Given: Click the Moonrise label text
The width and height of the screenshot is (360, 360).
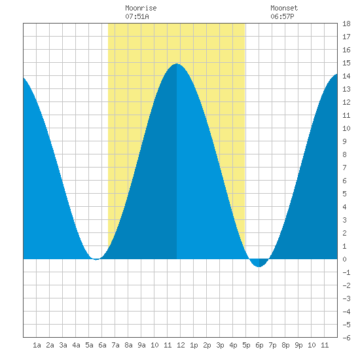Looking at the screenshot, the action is [141, 8].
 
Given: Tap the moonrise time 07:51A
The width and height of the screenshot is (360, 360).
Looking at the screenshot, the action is [137, 16].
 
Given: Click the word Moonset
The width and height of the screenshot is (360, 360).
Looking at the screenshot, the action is [284, 8].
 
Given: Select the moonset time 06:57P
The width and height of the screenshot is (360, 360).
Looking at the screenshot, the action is [282, 16].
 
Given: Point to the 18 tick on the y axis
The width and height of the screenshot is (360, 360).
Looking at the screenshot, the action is [346, 24].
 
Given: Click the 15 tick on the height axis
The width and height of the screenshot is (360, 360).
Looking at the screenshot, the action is [346, 63].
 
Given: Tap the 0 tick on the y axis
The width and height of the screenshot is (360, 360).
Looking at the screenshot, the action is [344, 259].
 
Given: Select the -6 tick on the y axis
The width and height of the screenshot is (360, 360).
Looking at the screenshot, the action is [346, 338].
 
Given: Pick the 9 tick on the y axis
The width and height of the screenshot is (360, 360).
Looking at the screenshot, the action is [344, 141].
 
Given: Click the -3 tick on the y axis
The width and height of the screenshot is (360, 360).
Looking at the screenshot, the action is [346, 298].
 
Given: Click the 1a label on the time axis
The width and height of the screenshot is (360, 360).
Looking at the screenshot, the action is [37, 345].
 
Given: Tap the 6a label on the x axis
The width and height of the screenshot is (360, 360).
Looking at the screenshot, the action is [102, 345].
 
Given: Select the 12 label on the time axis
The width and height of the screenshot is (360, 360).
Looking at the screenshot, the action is [181, 345].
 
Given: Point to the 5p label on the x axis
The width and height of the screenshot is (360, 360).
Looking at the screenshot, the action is [246, 345].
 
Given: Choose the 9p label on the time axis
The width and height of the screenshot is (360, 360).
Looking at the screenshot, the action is [298, 345].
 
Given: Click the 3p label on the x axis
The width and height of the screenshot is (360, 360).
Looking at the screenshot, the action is [220, 345].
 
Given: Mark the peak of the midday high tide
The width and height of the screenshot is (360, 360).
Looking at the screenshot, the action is [177, 63].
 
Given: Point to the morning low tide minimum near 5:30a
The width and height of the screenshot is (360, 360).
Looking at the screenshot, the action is [96, 259].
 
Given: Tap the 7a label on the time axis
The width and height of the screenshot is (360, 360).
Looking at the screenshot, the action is [115, 345].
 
